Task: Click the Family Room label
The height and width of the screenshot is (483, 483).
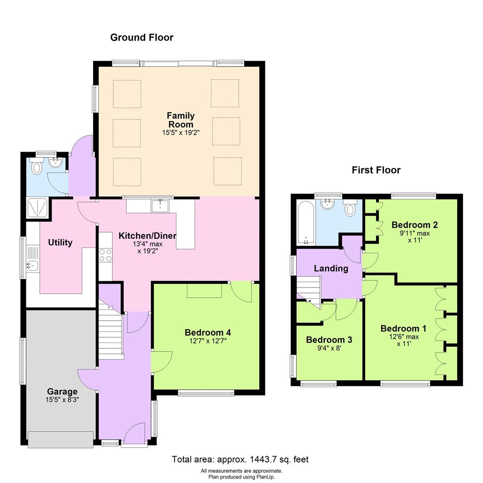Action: point(181,120)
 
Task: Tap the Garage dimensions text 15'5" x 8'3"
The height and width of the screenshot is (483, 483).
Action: point(62,400)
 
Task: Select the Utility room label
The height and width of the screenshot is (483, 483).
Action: point(60,242)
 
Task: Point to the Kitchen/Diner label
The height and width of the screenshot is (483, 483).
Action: point(147,236)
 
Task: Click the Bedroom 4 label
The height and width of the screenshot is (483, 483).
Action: point(208,332)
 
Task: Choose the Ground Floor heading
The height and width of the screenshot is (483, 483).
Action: point(142,38)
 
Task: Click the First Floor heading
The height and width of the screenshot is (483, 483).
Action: point(376,170)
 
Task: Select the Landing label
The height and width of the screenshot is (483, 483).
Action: point(331,268)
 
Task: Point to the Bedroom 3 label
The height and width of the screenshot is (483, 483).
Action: point(329,340)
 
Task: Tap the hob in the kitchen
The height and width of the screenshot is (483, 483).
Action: point(106,255)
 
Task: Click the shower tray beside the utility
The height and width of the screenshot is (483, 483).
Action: point(38,208)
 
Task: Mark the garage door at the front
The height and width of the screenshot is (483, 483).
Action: point(60,440)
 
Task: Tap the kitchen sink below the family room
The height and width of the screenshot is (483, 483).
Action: point(160,206)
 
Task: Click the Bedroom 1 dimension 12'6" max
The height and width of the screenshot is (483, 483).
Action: point(404,337)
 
